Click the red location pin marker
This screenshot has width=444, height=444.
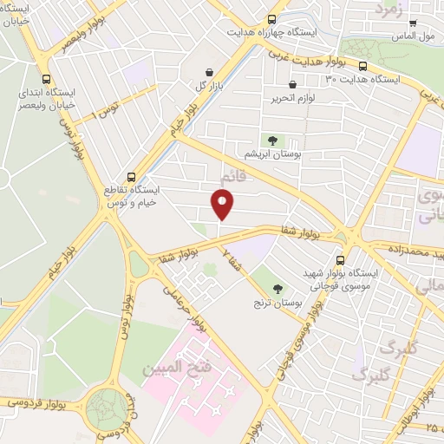tap(224, 205)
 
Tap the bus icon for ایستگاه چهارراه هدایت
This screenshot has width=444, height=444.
tap(272, 19)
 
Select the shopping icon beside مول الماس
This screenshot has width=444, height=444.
tap(413, 23)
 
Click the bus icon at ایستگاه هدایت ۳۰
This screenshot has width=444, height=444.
tap(362, 66)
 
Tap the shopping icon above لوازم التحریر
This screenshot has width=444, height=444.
tap(291, 85)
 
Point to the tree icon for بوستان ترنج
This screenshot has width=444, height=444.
tap(277, 290)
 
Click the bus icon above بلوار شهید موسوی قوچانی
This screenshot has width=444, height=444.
tap(339, 259)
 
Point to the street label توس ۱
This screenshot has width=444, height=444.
tap(107, 110)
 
